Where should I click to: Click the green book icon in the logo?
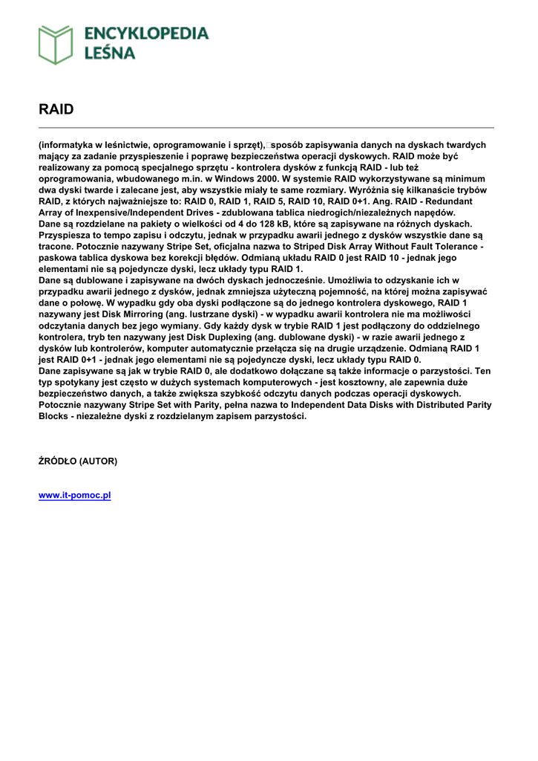[56, 45]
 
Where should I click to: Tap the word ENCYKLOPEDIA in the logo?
[147, 34]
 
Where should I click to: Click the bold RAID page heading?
[56, 109]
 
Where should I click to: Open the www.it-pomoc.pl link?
[74, 495]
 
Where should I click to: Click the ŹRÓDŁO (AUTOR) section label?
[78, 461]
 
